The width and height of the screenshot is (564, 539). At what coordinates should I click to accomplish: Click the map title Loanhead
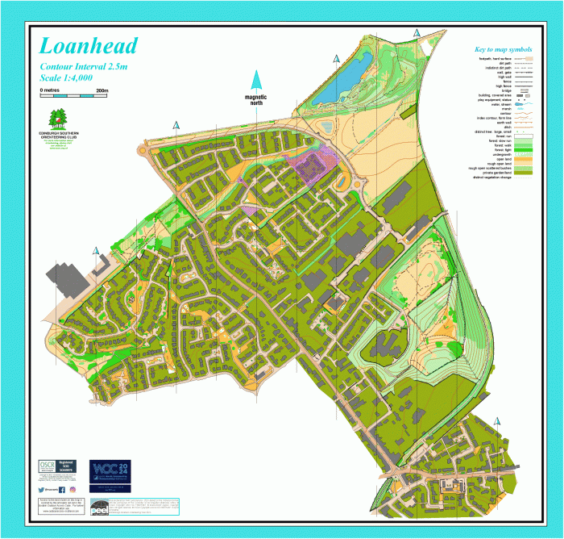tap(89, 46)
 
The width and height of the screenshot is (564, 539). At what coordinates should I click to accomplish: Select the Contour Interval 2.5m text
tap(85, 66)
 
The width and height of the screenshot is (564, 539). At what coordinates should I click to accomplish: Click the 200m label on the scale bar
tap(101, 90)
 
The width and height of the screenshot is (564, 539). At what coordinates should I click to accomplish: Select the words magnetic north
tap(256, 99)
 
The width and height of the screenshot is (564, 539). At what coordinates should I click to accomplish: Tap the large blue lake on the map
tap(339, 81)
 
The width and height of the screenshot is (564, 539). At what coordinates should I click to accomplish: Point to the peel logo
tap(99, 508)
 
